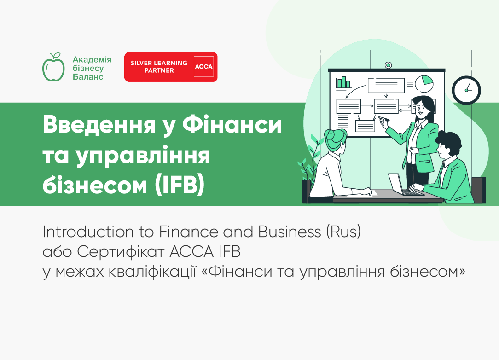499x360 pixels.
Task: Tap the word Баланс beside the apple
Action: click(88, 76)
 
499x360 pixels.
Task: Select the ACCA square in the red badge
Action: click(203, 67)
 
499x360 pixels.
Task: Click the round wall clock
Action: click(466, 90)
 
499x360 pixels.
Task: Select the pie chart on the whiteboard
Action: click(424, 83)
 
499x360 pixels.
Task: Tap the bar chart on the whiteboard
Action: click(343, 82)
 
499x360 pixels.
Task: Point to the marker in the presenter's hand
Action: click(384, 119)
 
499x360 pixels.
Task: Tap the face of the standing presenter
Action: click(422, 108)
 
